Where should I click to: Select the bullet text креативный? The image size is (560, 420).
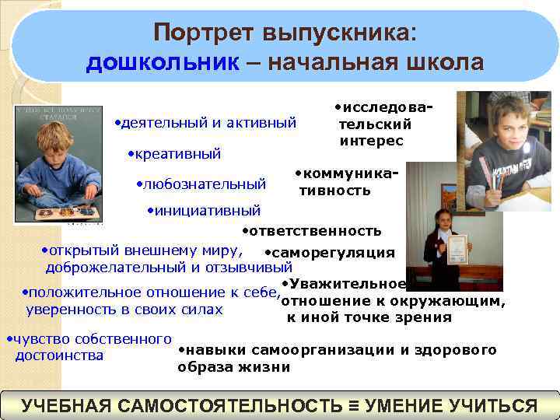177,154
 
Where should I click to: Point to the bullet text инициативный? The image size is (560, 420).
207,210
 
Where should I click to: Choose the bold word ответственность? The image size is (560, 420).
314,231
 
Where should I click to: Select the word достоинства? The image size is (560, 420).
60,355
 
